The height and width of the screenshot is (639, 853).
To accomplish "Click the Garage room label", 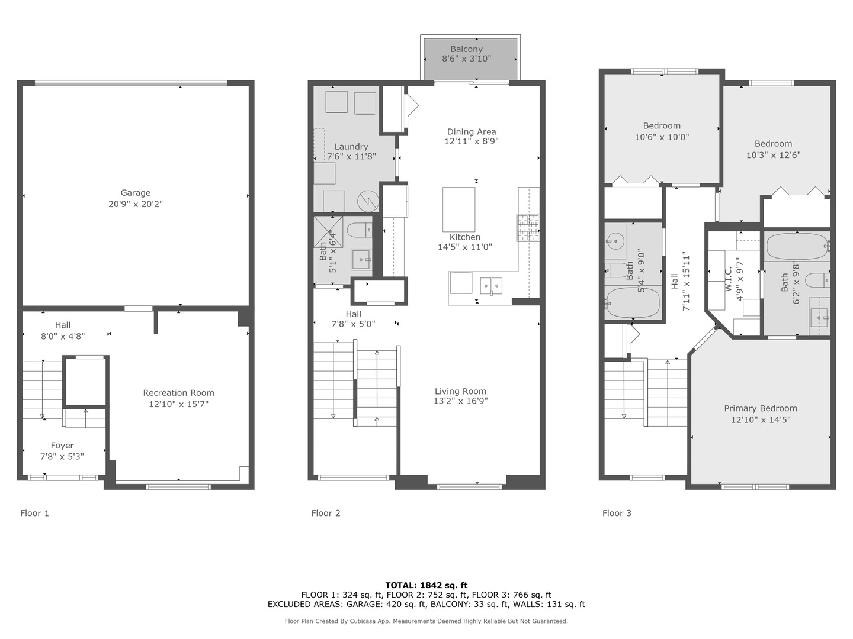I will [x=135, y=193].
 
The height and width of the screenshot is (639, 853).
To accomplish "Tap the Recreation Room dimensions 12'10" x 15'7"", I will [x=178, y=404].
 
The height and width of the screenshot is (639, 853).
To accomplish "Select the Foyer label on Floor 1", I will [x=62, y=446].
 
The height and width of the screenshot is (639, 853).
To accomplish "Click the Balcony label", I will [x=466, y=49].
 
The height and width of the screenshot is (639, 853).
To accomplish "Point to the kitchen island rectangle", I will [x=458, y=209].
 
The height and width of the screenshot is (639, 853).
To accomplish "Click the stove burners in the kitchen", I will [x=528, y=228].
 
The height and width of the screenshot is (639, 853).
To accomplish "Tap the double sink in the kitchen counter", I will [x=491, y=285].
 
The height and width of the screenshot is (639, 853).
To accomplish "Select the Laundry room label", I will [x=351, y=147].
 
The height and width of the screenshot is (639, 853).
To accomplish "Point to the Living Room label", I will [x=460, y=391].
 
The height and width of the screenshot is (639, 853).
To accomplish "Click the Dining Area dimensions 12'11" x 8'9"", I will [x=471, y=141].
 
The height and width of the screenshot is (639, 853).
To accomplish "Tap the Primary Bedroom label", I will [x=760, y=408].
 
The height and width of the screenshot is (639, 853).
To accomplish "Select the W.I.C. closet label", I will [x=729, y=278].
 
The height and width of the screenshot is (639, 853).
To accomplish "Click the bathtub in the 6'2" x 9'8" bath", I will [x=797, y=247].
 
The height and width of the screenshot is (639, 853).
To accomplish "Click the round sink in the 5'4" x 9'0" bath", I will [x=615, y=241].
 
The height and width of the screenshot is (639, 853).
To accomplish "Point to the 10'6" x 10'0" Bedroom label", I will [x=662, y=125].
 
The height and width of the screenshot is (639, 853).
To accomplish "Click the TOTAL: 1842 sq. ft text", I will [x=426, y=585].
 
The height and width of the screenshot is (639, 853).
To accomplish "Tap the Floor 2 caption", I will [x=326, y=513].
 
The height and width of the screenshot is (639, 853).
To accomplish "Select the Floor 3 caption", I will [x=617, y=513].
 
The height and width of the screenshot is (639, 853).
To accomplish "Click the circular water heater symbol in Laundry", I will [x=369, y=201].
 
